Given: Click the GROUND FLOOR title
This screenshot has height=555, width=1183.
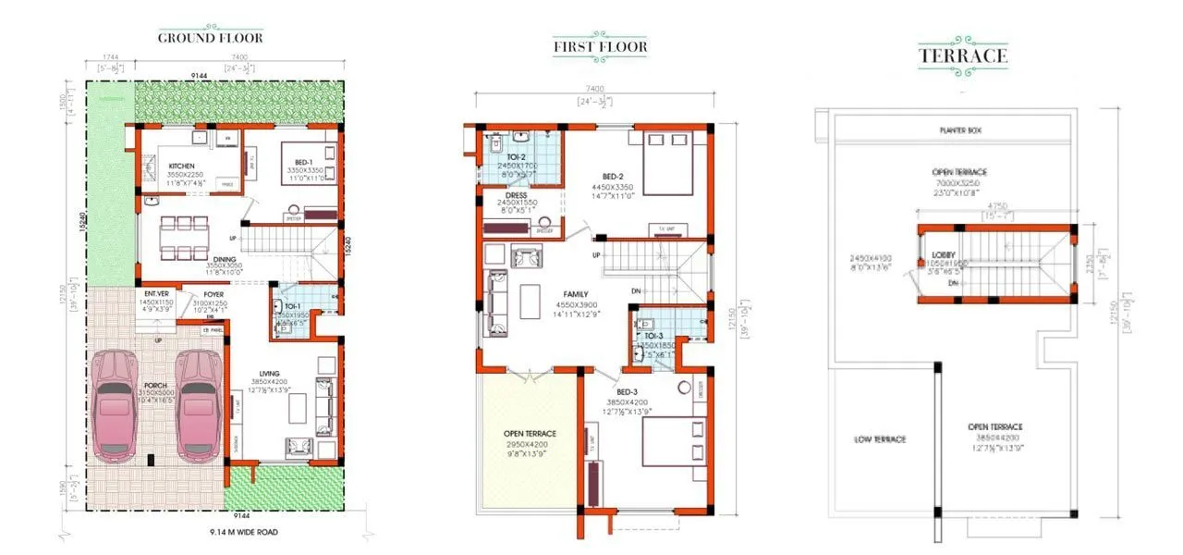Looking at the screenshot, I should [210, 38].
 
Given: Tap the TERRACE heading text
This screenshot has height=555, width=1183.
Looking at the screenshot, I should [962, 55].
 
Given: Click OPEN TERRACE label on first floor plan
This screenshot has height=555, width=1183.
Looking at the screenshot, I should [529, 432].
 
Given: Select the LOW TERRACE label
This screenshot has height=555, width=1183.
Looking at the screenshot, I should [879, 439].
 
